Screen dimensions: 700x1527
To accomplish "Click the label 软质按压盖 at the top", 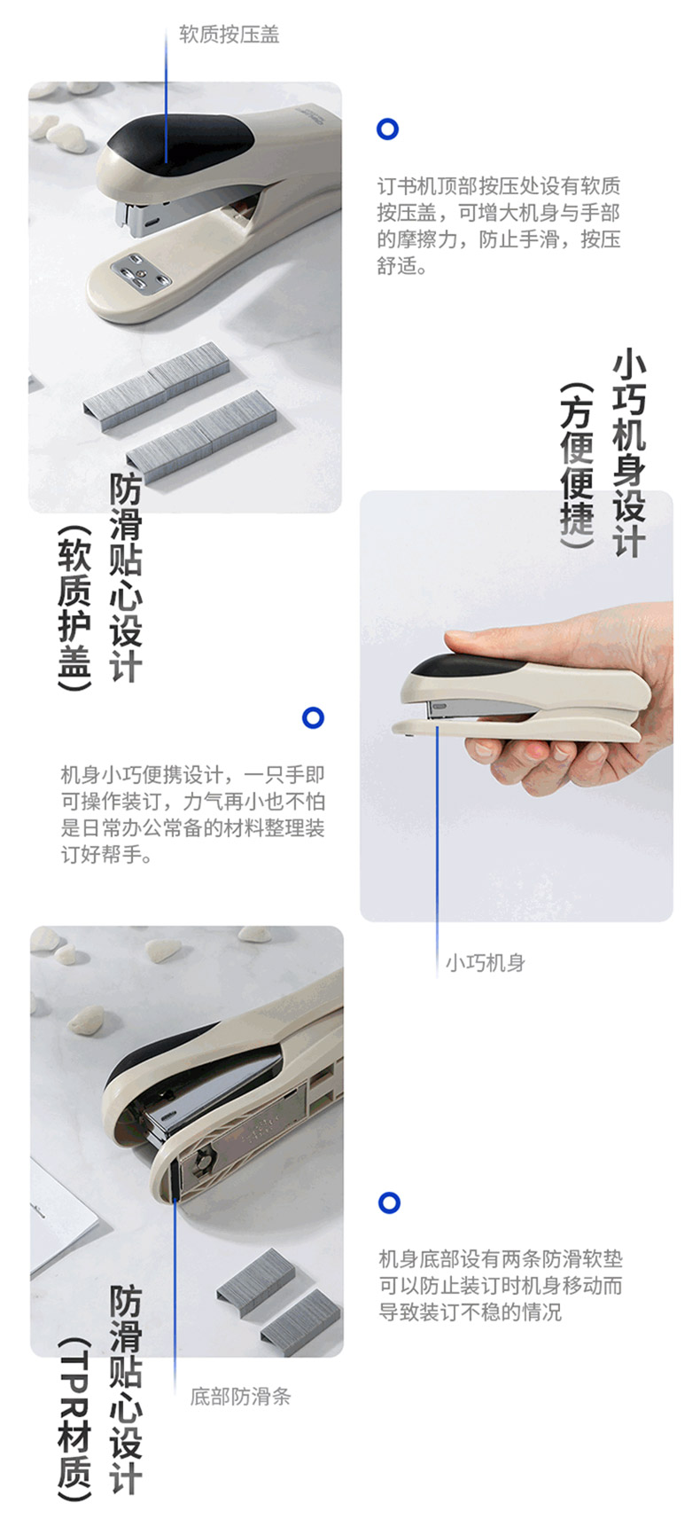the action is click(x=229, y=35).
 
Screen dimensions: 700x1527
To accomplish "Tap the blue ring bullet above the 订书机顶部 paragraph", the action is click(x=387, y=129).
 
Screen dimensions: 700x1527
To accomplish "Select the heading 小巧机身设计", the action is click(x=629, y=453).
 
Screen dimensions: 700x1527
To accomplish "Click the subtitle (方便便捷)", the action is click(x=578, y=466).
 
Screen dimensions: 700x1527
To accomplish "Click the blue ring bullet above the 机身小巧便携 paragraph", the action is click(x=313, y=717).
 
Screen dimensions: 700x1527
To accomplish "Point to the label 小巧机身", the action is click(x=485, y=962).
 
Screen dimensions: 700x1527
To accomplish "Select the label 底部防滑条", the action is click(x=240, y=1397).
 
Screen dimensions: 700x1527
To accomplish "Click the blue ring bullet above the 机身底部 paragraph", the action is click(x=389, y=1202).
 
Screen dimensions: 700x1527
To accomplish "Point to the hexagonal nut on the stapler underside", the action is click(x=203, y=1158).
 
